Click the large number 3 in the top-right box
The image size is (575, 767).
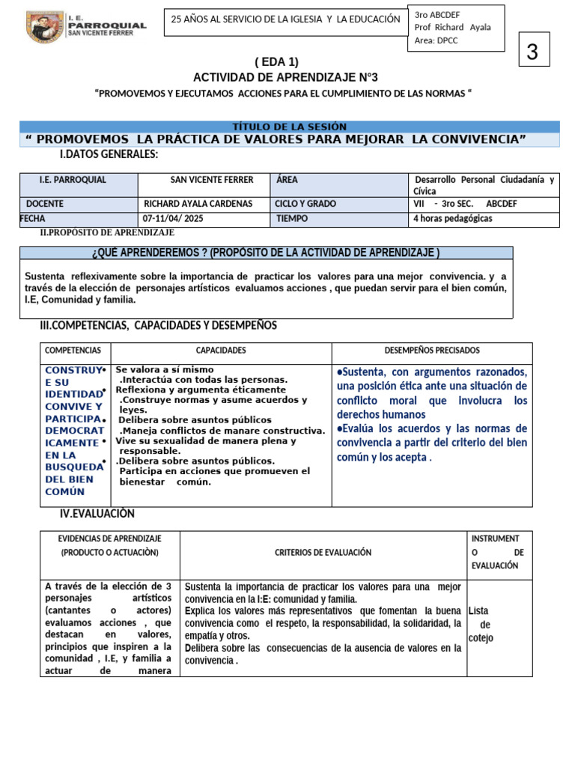(x=532, y=52)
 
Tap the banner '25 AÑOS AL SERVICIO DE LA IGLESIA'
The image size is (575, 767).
(x=286, y=19)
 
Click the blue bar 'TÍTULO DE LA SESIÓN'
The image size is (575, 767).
(x=290, y=127)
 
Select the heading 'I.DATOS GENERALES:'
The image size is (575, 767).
(x=109, y=154)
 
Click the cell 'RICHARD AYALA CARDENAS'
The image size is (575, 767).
(x=198, y=204)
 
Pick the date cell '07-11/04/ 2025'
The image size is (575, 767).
(x=174, y=219)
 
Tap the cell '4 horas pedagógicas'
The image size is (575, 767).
(x=453, y=219)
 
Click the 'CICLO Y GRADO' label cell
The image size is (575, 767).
(x=305, y=204)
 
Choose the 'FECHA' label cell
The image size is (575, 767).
(x=33, y=219)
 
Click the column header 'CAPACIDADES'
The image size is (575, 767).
(x=221, y=351)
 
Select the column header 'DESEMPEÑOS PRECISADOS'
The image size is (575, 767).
(x=432, y=351)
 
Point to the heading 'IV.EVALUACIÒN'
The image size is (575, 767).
(x=97, y=513)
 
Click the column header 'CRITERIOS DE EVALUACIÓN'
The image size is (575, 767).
(x=323, y=552)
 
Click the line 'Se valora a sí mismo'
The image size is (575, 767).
(x=165, y=370)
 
